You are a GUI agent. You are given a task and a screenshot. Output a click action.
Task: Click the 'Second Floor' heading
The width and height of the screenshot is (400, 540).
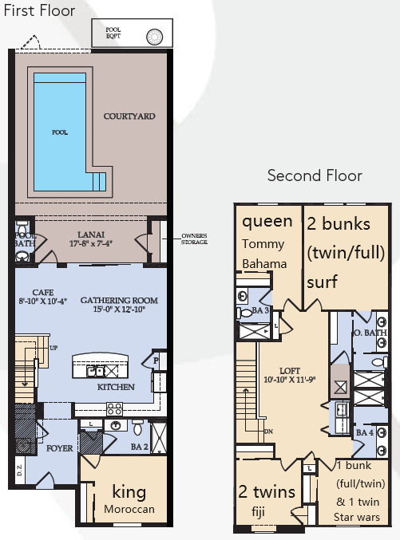[x=314, y=175]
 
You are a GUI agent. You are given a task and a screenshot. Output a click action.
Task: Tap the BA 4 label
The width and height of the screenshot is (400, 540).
[x=365, y=432]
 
